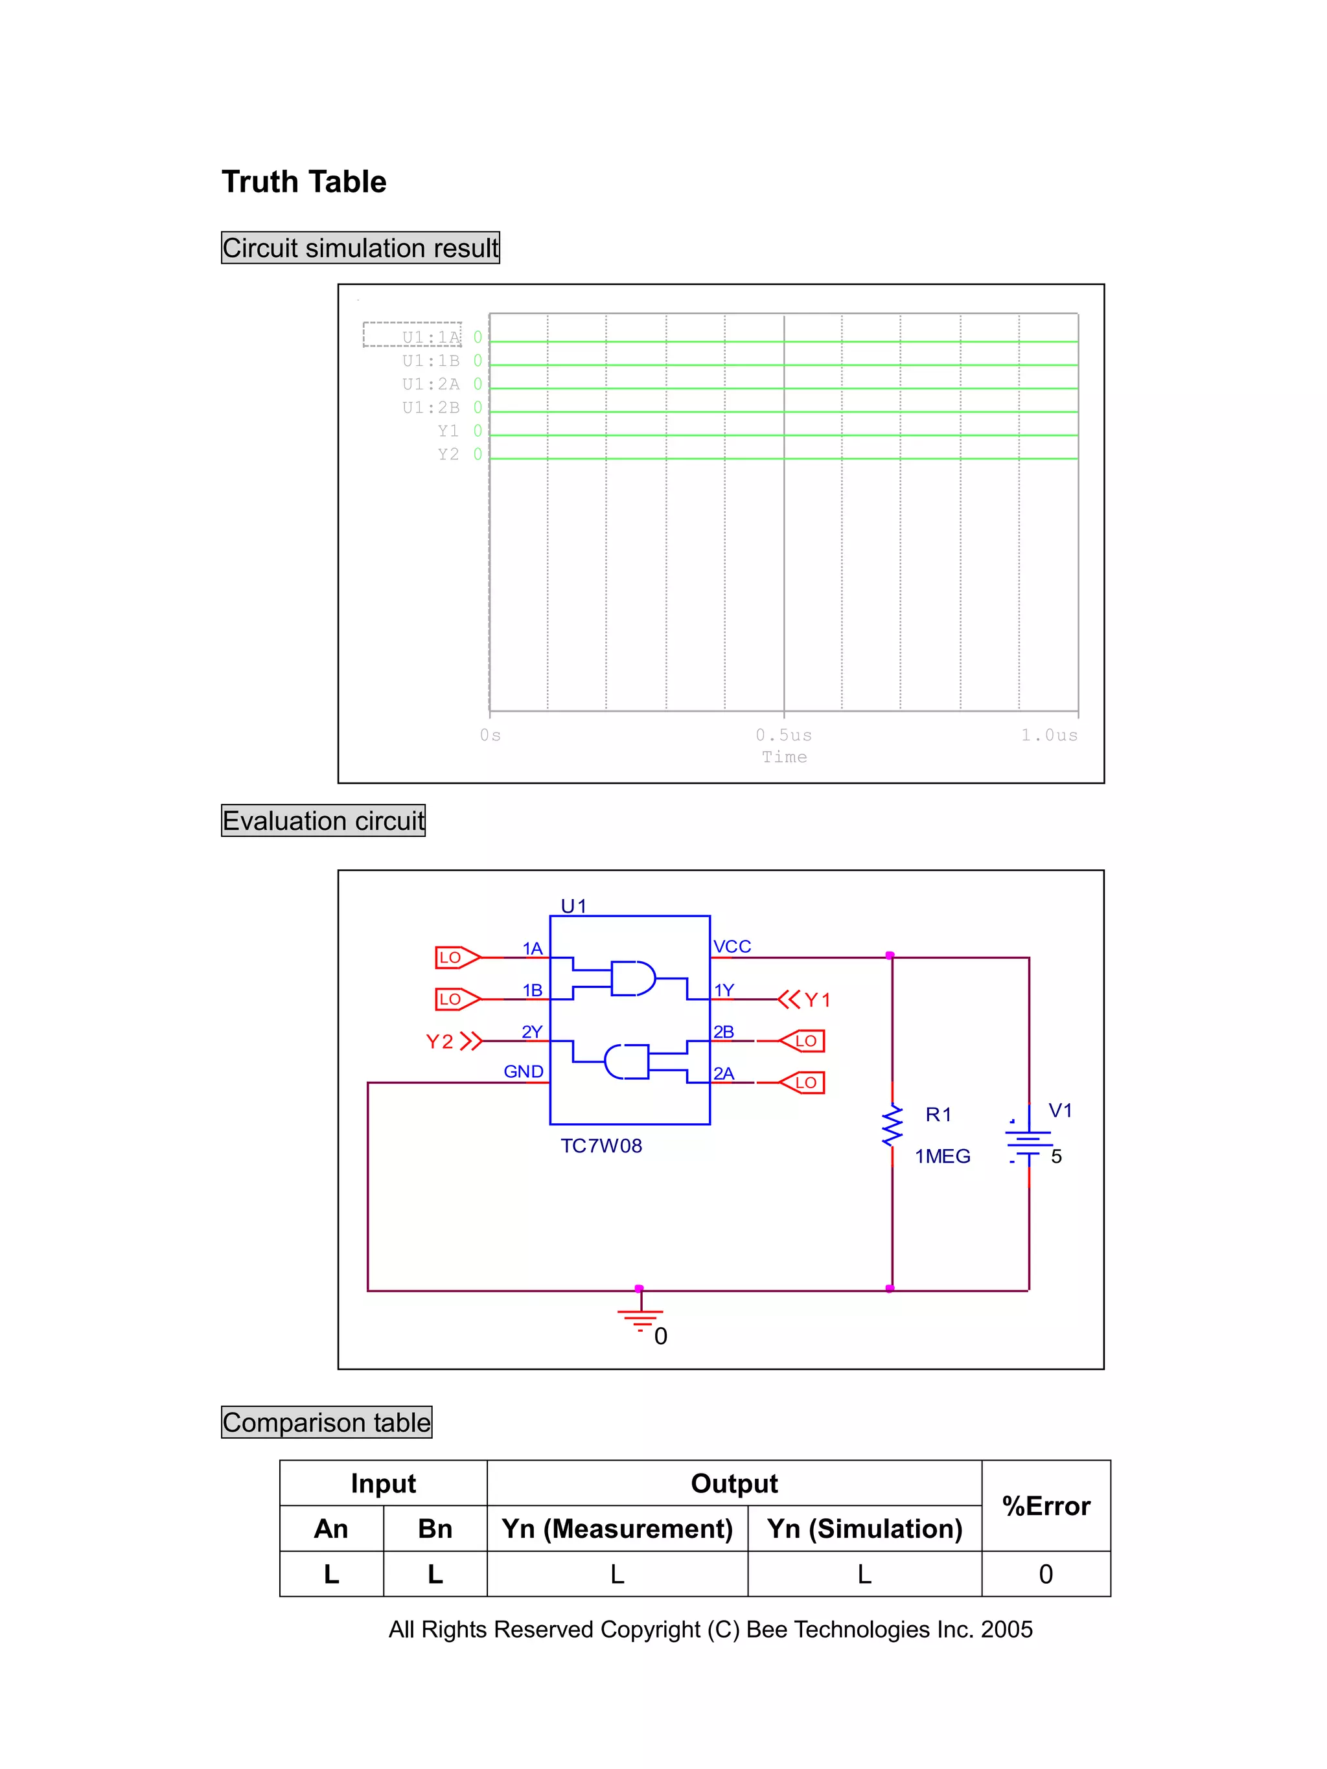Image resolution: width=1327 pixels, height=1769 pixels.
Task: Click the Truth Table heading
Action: pyautogui.click(x=303, y=182)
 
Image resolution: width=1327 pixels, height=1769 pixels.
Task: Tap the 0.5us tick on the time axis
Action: pyautogui.click(x=783, y=734)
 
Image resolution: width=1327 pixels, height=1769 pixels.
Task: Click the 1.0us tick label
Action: pyautogui.click(x=1048, y=734)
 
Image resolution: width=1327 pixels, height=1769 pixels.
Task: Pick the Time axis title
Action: pyautogui.click(x=784, y=757)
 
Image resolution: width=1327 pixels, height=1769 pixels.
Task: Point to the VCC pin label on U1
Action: pyautogui.click(x=732, y=947)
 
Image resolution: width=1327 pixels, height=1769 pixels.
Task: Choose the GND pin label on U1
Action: pyautogui.click(x=523, y=1071)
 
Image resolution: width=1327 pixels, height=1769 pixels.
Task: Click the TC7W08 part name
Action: pyautogui.click(x=601, y=1146)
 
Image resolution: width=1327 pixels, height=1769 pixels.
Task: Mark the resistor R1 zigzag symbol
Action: pyautogui.click(x=892, y=1125)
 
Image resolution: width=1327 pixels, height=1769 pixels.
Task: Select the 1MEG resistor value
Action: pyautogui.click(x=942, y=1156)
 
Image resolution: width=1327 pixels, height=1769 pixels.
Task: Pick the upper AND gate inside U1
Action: pyautogui.click(x=632, y=978)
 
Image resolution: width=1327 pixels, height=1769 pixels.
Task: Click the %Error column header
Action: pyautogui.click(x=1045, y=1506)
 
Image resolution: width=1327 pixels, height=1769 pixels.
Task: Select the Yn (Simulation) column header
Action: pyautogui.click(x=864, y=1529)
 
